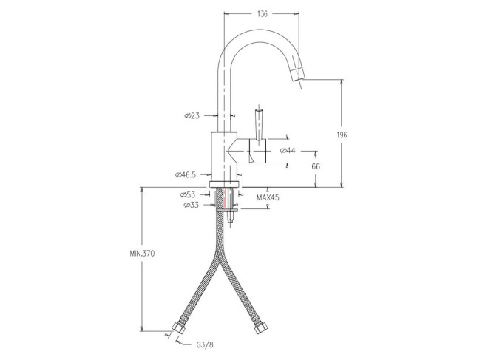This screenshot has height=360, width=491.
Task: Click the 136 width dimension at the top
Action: [262, 14]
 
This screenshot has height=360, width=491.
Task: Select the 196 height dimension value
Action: [342, 135]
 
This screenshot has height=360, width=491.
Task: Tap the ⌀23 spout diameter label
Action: [192, 116]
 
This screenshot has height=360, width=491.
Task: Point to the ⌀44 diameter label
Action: [288, 151]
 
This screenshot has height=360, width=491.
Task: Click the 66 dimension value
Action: [316, 166]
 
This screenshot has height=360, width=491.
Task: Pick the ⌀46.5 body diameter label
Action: [186, 175]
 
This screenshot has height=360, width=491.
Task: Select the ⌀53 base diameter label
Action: [188, 195]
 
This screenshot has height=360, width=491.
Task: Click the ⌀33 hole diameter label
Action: [192, 206]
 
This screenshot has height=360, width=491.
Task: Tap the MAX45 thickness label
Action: [268, 198]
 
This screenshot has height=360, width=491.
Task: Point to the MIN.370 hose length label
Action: [142, 254]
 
